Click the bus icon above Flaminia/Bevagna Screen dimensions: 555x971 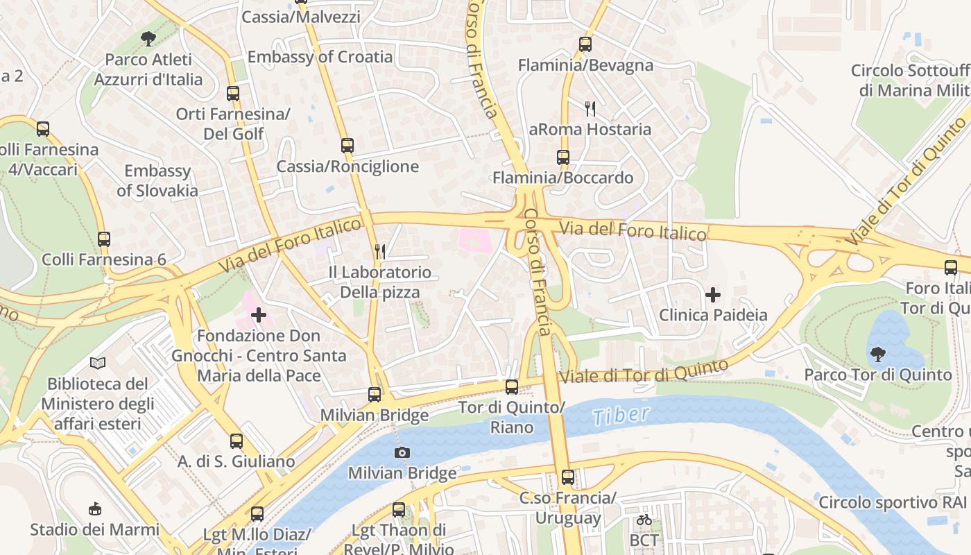pyautogui.click(x=585, y=44)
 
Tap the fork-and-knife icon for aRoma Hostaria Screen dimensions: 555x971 pyautogui.click(x=590, y=108)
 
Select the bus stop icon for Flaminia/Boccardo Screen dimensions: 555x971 pyautogui.click(x=563, y=157)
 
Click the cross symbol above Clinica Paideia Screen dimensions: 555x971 pyautogui.click(x=712, y=295)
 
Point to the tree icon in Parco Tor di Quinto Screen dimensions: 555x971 pyautogui.click(x=877, y=355)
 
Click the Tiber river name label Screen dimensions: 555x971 pyautogui.click(x=621, y=416)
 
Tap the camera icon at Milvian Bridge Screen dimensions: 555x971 pyautogui.click(x=402, y=453)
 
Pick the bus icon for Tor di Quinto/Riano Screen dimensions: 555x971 pyautogui.click(x=512, y=387)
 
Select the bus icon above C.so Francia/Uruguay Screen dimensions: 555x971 pyautogui.click(x=568, y=477)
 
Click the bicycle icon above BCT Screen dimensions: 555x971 pyautogui.click(x=644, y=519)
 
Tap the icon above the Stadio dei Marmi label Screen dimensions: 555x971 pyautogui.click(x=95, y=509)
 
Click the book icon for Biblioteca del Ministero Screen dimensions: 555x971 pyautogui.click(x=98, y=363)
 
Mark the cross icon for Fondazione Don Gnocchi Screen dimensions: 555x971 pyautogui.click(x=259, y=315)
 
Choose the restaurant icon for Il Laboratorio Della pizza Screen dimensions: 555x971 pyautogui.click(x=379, y=251)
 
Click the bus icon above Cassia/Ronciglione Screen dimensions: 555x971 pyautogui.click(x=347, y=146)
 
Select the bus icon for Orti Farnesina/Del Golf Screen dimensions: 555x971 pyautogui.click(x=233, y=93)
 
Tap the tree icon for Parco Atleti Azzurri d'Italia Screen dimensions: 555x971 pyautogui.click(x=148, y=39)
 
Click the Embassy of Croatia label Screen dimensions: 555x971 pyautogui.click(x=320, y=57)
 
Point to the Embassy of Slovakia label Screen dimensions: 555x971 pyautogui.click(x=157, y=180)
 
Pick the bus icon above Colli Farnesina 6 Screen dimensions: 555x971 pyautogui.click(x=104, y=239)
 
